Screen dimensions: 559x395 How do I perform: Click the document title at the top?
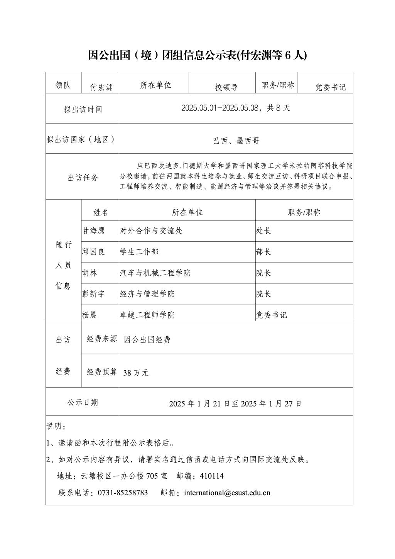(x=197, y=55)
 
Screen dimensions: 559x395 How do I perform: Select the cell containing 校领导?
(x=226, y=87)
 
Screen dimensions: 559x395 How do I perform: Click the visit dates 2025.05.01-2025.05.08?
(x=219, y=108)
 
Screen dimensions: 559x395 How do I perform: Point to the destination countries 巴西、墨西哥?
(x=236, y=141)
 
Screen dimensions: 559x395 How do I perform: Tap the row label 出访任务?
(x=83, y=178)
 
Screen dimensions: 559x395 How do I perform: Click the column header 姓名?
(x=101, y=212)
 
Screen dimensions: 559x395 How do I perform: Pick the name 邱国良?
(x=93, y=252)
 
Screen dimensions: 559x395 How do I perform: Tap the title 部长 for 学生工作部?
(x=264, y=252)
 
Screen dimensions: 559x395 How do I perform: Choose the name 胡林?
(x=89, y=273)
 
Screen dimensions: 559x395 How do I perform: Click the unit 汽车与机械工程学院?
(x=155, y=273)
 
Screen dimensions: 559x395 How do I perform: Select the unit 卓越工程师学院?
(x=147, y=315)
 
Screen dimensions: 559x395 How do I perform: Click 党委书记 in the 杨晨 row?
(x=272, y=315)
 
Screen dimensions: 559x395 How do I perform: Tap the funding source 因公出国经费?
(x=147, y=340)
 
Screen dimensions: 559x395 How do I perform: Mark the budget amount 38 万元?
(x=136, y=373)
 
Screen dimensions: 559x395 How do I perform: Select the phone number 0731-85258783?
(x=123, y=493)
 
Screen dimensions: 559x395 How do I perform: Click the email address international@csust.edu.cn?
(x=227, y=493)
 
